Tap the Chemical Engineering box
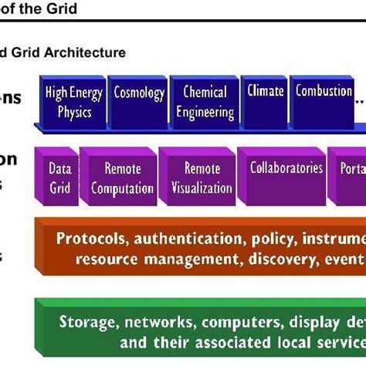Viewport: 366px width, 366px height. [x=204, y=102]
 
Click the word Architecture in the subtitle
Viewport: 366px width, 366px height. [x=86, y=53]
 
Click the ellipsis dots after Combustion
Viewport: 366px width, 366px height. [x=359, y=98]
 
